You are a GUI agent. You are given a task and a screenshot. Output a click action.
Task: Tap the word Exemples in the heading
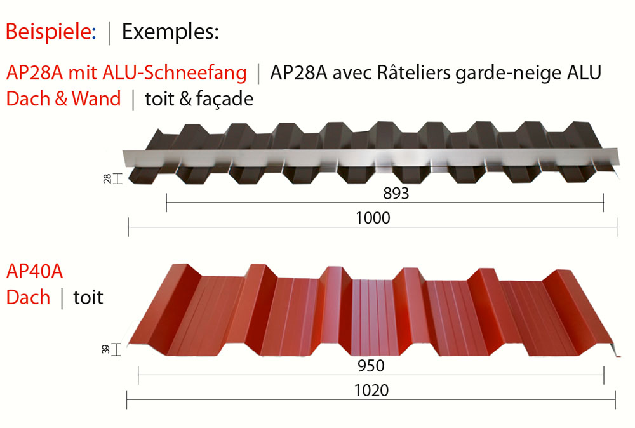click(x=170, y=32)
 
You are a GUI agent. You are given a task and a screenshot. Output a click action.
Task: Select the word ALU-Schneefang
click(x=175, y=73)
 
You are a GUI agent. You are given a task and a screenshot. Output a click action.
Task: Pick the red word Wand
click(x=96, y=98)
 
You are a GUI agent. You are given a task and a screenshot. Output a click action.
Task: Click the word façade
click(x=224, y=99)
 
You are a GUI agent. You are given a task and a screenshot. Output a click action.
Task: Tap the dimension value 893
click(x=396, y=194)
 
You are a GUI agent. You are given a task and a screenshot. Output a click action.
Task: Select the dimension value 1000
click(x=373, y=218)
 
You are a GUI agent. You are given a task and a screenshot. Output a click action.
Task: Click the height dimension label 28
click(x=107, y=178)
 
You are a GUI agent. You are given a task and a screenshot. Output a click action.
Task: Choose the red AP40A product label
click(x=34, y=271)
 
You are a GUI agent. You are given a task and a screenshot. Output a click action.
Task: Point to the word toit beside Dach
click(x=88, y=297)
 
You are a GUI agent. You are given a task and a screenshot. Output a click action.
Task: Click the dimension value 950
click(x=371, y=366)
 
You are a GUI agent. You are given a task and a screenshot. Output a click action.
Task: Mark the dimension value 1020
click(x=371, y=391)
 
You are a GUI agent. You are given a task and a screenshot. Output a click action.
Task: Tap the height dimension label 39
click(x=105, y=349)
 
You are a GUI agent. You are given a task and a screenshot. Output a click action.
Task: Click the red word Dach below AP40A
click(x=28, y=297)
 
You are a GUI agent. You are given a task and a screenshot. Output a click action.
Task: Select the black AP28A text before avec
click(x=298, y=73)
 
